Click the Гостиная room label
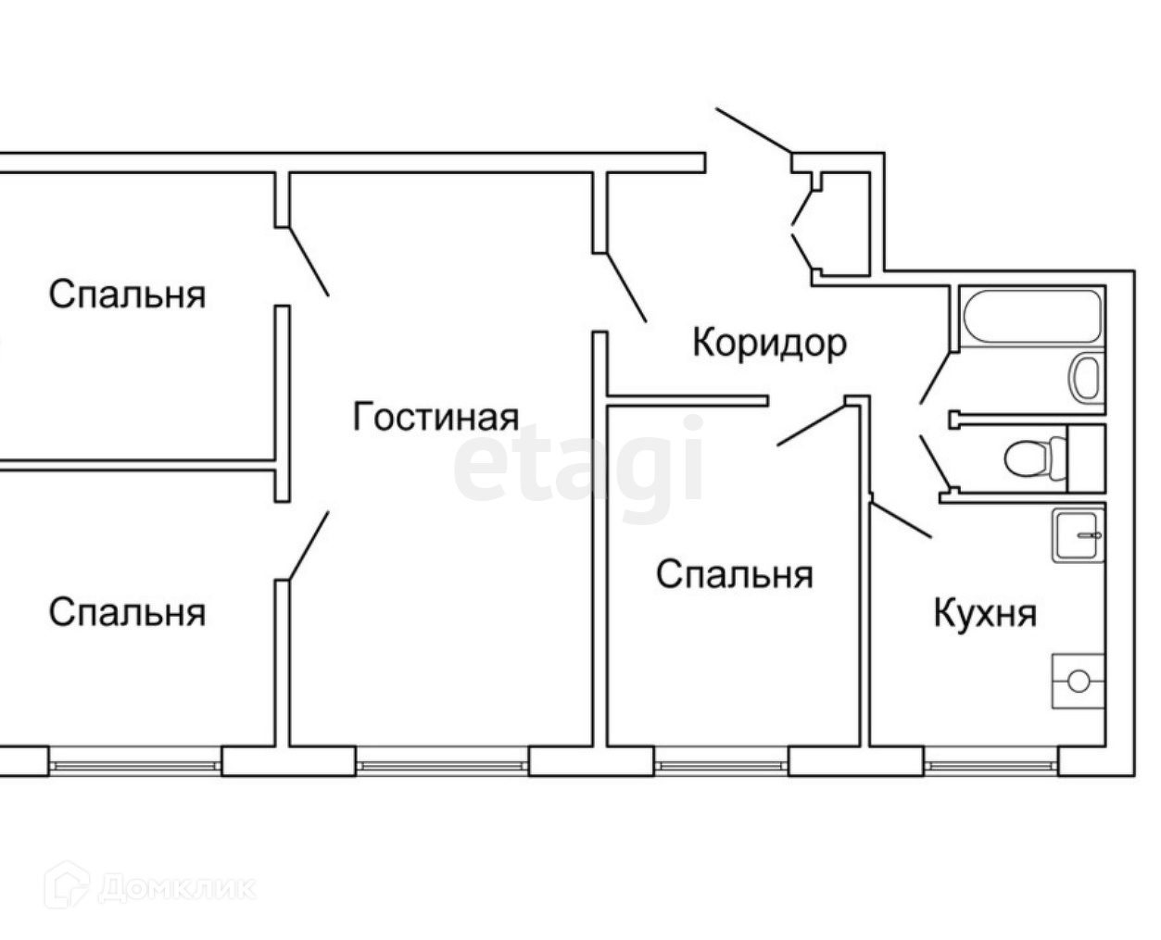point(435,418)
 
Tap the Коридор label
point(769,343)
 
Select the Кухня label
point(985,612)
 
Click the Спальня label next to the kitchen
point(734,574)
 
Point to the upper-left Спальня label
point(127,295)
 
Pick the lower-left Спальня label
point(127,612)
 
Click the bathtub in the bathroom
point(1031,317)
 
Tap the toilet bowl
point(1028,457)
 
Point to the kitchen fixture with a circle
point(1078,681)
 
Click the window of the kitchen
point(991,765)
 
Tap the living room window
point(441,765)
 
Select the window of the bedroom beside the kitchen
point(722,765)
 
